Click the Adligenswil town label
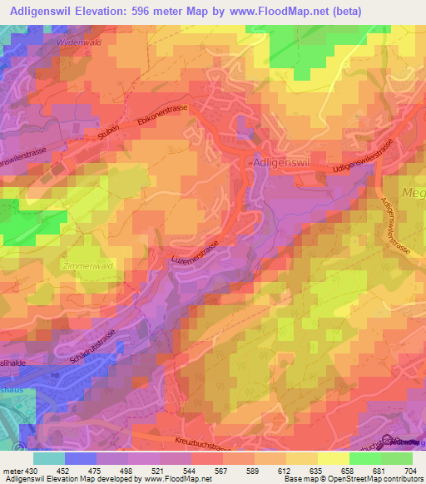coord(280,164)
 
